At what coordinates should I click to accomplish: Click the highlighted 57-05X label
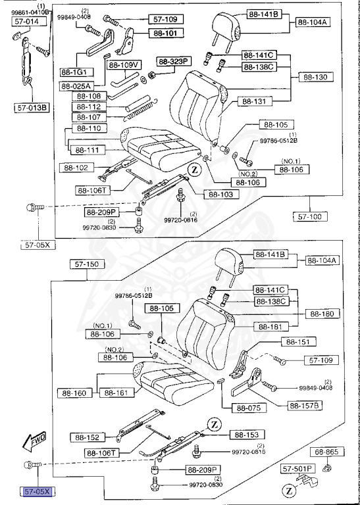tap(38, 491)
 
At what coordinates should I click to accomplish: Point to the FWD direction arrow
tap(33, 443)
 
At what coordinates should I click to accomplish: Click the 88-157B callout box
tap(303, 405)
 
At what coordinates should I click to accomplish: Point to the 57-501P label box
tap(297, 469)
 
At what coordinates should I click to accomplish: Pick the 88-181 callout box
tap(271, 327)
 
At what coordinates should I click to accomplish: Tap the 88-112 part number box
tap(89, 107)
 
